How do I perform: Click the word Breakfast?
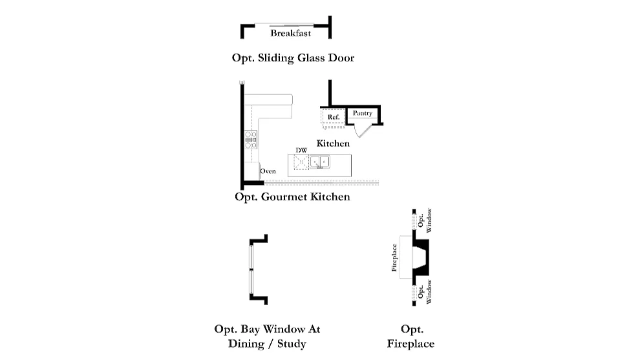point(290,33)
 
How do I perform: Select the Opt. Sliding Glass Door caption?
point(293,58)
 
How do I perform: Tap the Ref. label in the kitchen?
point(334,117)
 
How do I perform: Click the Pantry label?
point(363,114)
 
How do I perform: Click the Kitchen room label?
point(333,143)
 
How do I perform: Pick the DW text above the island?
point(301,151)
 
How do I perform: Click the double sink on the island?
point(321,162)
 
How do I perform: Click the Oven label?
point(268,171)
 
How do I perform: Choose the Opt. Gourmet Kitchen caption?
point(292,196)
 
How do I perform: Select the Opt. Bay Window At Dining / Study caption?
point(267,336)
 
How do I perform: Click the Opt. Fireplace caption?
point(411,336)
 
